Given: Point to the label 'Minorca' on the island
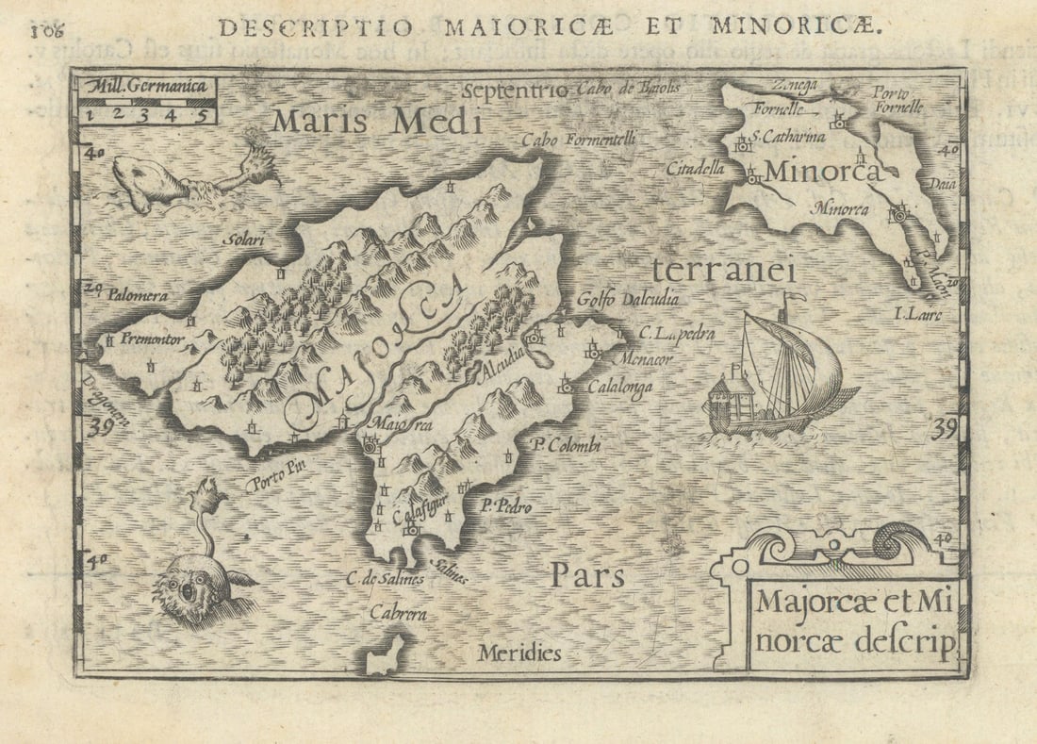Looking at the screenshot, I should [x=822, y=173].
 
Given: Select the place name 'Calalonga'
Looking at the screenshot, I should [x=619, y=387].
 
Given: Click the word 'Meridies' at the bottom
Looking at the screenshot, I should [x=518, y=653].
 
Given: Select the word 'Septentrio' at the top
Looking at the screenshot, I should [x=516, y=91].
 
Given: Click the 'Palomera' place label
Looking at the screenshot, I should [x=137, y=295].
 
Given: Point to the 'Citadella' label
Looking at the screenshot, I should [x=695, y=170].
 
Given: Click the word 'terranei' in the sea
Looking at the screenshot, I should [x=723, y=271].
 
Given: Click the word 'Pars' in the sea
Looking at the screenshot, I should [x=587, y=575].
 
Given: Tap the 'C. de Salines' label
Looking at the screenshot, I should [x=384, y=579].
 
